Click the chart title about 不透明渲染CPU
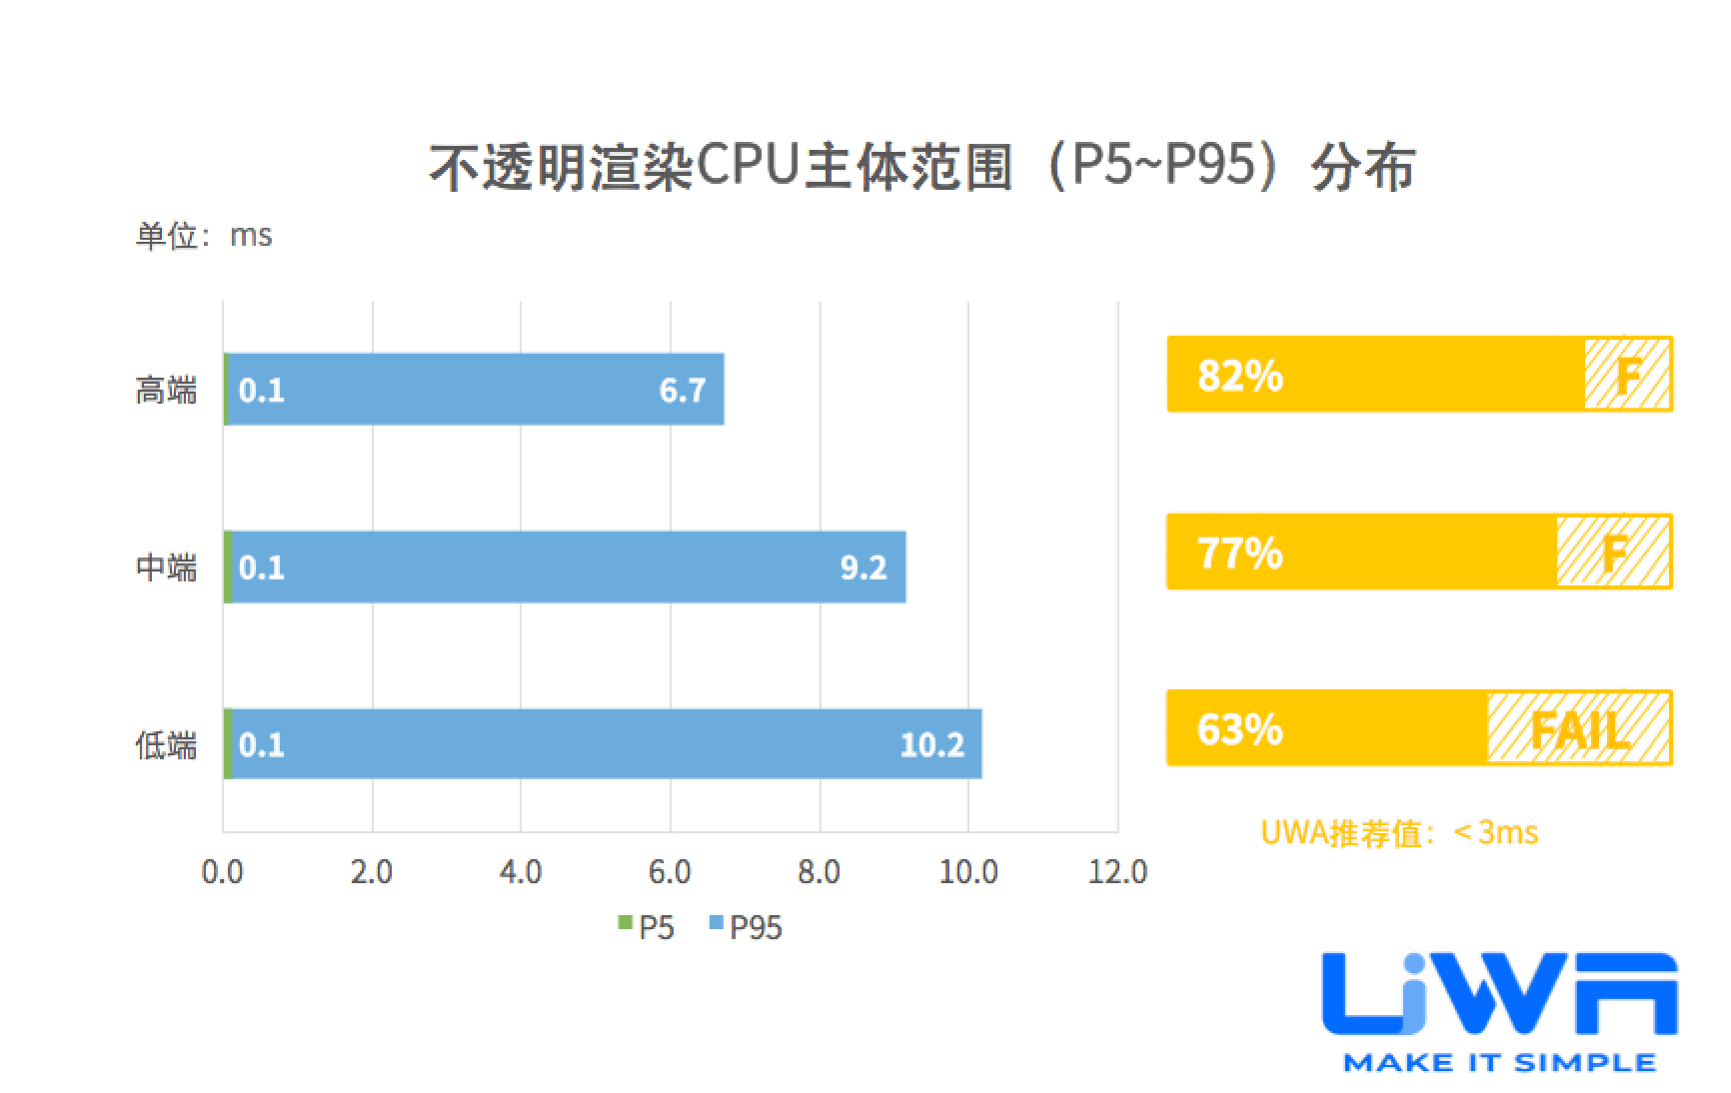click(921, 166)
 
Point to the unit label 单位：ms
click(204, 237)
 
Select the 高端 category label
click(166, 390)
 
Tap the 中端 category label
click(166, 567)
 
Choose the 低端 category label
click(166, 744)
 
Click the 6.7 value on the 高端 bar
click(683, 390)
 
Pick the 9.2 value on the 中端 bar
click(864, 567)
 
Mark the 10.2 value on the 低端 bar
click(931, 744)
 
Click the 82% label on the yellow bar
click(1239, 376)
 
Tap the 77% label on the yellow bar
click(1239, 552)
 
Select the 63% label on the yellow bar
click(1239, 729)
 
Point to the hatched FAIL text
click(1579, 730)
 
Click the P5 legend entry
click(648, 927)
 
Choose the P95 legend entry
click(746, 927)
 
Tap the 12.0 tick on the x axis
click(1117, 872)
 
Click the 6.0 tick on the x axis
click(670, 872)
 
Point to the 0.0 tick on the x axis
click(222, 872)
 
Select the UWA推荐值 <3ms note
click(1399, 832)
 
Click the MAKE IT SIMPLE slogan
click(1499, 1062)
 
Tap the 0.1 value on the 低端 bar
click(262, 744)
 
